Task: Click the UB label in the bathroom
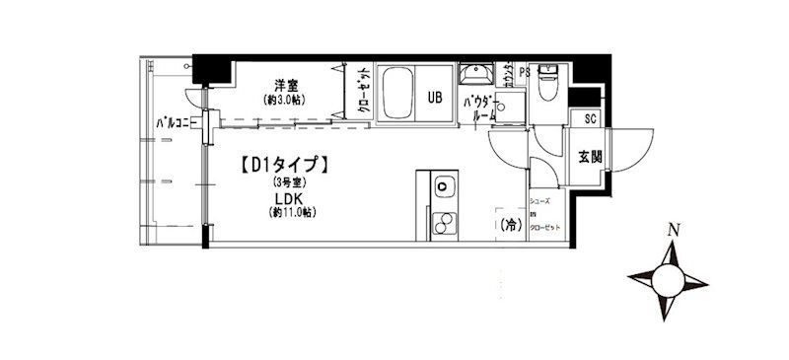[x=435, y=97]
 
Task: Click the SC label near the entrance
[x=591, y=119]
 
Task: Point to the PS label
[x=524, y=72]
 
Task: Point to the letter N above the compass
[x=674, y=232]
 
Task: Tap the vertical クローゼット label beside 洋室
[x=363, y=94]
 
